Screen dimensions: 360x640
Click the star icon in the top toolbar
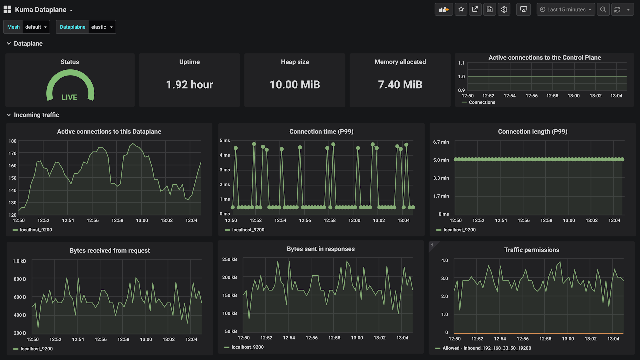(x=461, y=9)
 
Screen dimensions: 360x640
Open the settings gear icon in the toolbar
(x=504, y=9)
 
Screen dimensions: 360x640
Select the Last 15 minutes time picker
(x=566, y=9)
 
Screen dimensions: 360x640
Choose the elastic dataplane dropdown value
(x=102, y=27)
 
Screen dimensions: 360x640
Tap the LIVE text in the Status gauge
(x=69, y=97)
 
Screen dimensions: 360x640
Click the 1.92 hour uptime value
(x=189, y=85)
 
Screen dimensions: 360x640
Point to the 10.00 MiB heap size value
(x=295, y=85)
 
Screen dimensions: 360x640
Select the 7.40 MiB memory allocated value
(x=400, y=85)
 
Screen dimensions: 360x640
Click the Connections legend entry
(x=482, y=102)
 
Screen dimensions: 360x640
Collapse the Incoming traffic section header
(x=36, y=115)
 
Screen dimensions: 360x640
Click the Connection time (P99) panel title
(x=321, y=132)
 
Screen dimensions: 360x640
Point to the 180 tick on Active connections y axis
(x=12, y=141)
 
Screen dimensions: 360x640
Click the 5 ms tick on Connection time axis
(x=225, y=141)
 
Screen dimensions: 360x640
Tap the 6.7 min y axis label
(x=441, y=142)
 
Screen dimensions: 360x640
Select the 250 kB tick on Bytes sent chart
(x=229, y=259)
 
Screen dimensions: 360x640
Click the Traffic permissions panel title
(x=532, y=250)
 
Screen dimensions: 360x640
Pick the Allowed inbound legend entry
(x=486, y=348)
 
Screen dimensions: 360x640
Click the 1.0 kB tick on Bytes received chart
(x=19, y=261)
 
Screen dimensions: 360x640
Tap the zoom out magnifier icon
(x=603, y=9)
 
